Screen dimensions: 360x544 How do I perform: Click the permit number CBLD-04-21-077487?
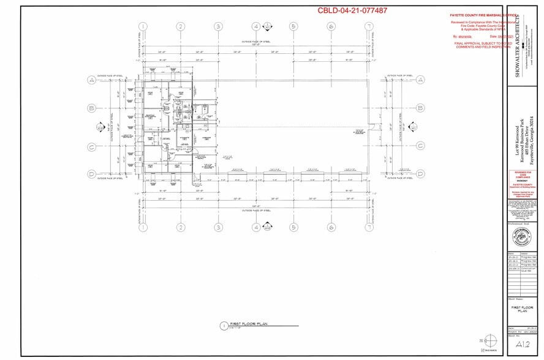(x=352, y=10)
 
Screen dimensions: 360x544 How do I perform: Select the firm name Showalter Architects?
(x=517, y=46)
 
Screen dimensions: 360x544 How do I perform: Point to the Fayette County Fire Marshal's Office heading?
(x=484, y=14)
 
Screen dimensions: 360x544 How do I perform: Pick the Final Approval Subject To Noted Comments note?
(x=483, y=45)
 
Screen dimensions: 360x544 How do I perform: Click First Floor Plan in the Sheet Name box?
(x=521, y=308)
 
